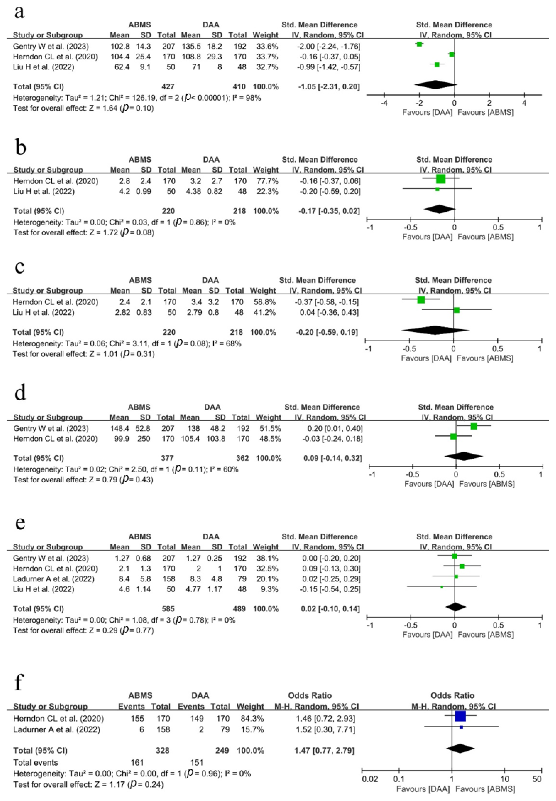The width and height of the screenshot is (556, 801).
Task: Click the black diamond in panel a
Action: (435, 85)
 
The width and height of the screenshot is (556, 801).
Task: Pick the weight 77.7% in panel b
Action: (265, 181)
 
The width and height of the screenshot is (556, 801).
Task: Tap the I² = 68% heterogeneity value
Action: (228, 344)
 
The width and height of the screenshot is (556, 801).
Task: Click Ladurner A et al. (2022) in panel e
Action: (54, 579)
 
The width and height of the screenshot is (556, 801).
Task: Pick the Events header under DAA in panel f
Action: (191, 707)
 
